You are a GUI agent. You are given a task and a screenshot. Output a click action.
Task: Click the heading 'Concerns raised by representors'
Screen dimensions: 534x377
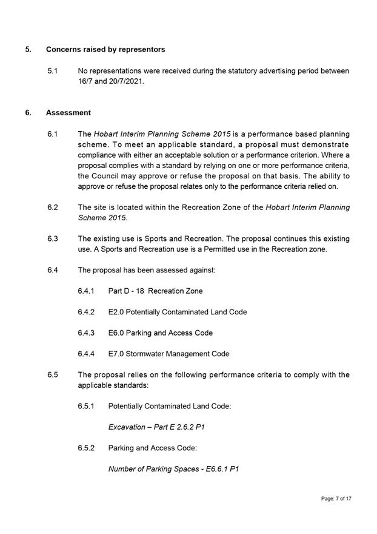coord(105,49)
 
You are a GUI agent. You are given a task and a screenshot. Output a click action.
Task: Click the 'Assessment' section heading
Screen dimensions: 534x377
coord(68,112)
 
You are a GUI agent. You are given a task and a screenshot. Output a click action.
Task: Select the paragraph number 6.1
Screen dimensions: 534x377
coord(52,133)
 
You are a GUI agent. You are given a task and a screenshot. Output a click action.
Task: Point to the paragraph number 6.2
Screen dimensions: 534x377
coord(52,207)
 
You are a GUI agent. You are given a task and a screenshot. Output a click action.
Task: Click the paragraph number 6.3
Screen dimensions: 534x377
coord(52,238)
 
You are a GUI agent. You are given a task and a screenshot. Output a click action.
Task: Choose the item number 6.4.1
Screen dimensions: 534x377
coord(86,291)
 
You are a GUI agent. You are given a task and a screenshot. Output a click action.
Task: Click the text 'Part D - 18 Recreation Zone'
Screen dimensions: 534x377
coord(155,291)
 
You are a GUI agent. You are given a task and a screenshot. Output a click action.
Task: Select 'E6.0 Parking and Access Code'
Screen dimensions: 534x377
coord(160,333)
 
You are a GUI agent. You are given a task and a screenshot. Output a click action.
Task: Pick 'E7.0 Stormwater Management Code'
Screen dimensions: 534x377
coord(168,354)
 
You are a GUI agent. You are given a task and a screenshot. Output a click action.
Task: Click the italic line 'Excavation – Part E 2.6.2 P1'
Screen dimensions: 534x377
coord(156,427)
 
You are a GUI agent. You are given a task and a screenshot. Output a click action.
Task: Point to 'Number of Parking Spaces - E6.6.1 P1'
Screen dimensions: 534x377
coord(173,469)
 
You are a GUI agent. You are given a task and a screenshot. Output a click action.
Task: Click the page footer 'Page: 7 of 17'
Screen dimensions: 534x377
coord(336,498)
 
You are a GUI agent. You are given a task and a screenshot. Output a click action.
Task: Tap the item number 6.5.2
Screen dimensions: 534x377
coord(86,448)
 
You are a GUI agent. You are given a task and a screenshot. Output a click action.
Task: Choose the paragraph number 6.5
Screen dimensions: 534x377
coord(52,374)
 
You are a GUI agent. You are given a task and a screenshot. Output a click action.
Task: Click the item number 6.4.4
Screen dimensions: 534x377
coord(86,354)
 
